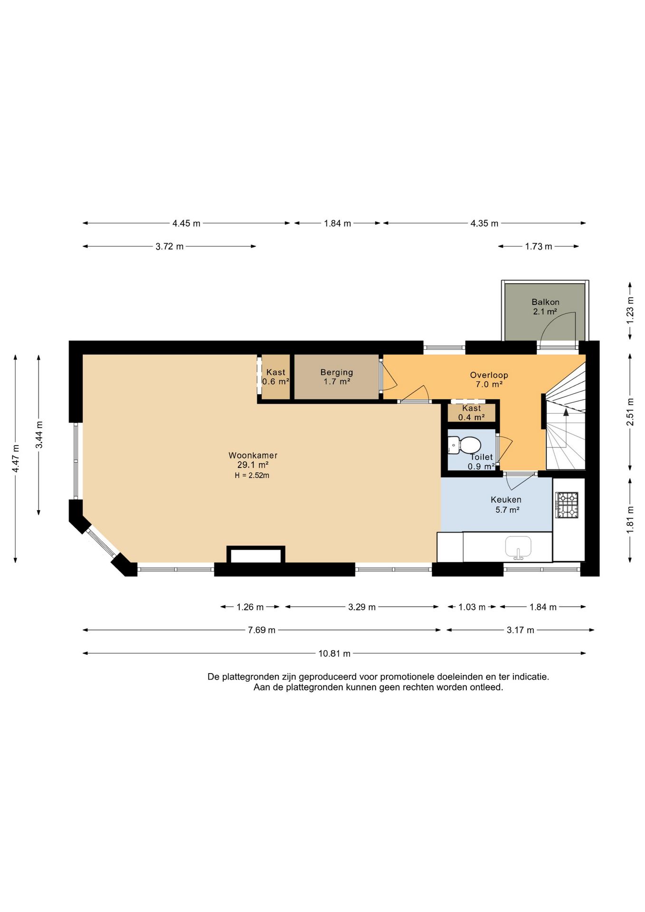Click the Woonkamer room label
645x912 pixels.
(x=253, y=455)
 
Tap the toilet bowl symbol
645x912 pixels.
(x=468, y=446)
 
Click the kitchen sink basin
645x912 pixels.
(x=518, y=547)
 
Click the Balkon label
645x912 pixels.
(x=545, y=302)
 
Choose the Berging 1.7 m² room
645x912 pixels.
(x=336, y=377)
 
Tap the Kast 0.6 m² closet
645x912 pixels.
(x=275, y=377)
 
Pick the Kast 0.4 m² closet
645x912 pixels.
(x=471, y=413)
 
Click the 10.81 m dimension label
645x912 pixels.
(x=334, y=654)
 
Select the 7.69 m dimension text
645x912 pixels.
(x=262, y=630)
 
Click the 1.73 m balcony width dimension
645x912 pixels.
(x=539, y=247)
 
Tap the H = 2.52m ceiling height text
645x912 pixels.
(x=252, y=475)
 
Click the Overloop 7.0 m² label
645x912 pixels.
(x=489, y=380)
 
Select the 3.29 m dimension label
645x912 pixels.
(x=362, y=607)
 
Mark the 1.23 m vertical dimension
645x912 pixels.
(x=630, y=310)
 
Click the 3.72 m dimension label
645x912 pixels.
(x=170, y=247)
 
